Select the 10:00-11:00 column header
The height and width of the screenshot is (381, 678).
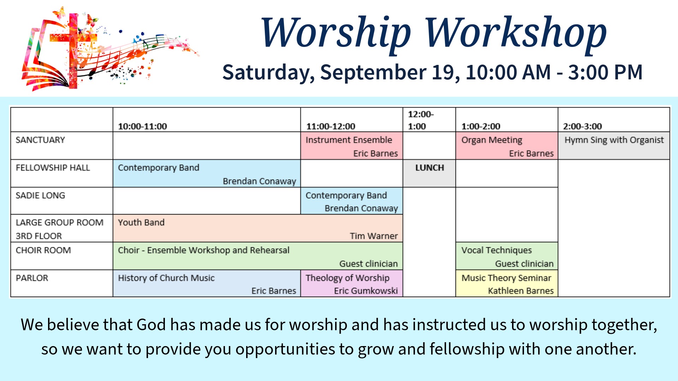point(142,126)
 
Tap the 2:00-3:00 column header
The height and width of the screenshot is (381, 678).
point(582,126)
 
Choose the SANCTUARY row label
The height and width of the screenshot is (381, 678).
point(40,140)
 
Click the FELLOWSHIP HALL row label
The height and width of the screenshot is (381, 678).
point(53,168)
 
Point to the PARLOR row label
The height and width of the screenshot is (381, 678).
point(32,278)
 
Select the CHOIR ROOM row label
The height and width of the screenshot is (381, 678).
point(43,250)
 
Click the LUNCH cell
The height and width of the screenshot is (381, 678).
point(429,173)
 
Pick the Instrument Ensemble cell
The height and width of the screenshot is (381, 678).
point(352,146)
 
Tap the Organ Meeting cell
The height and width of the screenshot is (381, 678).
point(507,146)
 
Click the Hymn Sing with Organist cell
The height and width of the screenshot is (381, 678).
point(614,146)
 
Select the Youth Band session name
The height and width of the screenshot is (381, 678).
point(141,223)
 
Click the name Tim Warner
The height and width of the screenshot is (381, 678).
point(374,236)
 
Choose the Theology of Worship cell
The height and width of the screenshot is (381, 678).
point(352,283)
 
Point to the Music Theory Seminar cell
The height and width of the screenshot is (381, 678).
point(507,283)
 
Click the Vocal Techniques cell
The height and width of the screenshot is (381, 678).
point(507,256)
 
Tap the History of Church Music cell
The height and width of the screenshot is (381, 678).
point(207,283)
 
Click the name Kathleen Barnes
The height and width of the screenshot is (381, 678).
point(521,291)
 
